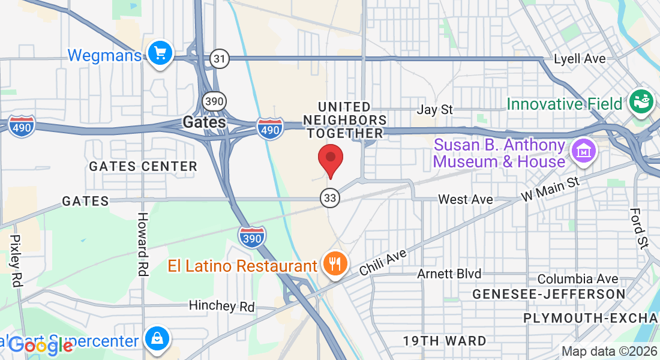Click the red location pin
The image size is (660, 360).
(x=329, y=159)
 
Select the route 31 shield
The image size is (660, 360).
(x=220, y=58)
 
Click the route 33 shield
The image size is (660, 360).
(x=329, y=197)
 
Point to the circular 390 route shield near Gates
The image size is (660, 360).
(x=214, y=101)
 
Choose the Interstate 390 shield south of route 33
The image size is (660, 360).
(x=251, y=237)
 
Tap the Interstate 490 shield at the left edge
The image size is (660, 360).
(x=22, y=125)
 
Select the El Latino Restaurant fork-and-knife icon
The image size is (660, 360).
(x=335, y=263)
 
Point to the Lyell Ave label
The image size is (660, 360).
(x=579, y=59)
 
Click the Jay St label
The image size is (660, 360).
(x=434, y=110)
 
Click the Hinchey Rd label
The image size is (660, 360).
(x=221, y=306)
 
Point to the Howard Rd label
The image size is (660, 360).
(x=143, y=244)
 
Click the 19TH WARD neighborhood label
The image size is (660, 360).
(x=445, y=341)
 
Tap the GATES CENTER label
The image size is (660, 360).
(x=143, y=166)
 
